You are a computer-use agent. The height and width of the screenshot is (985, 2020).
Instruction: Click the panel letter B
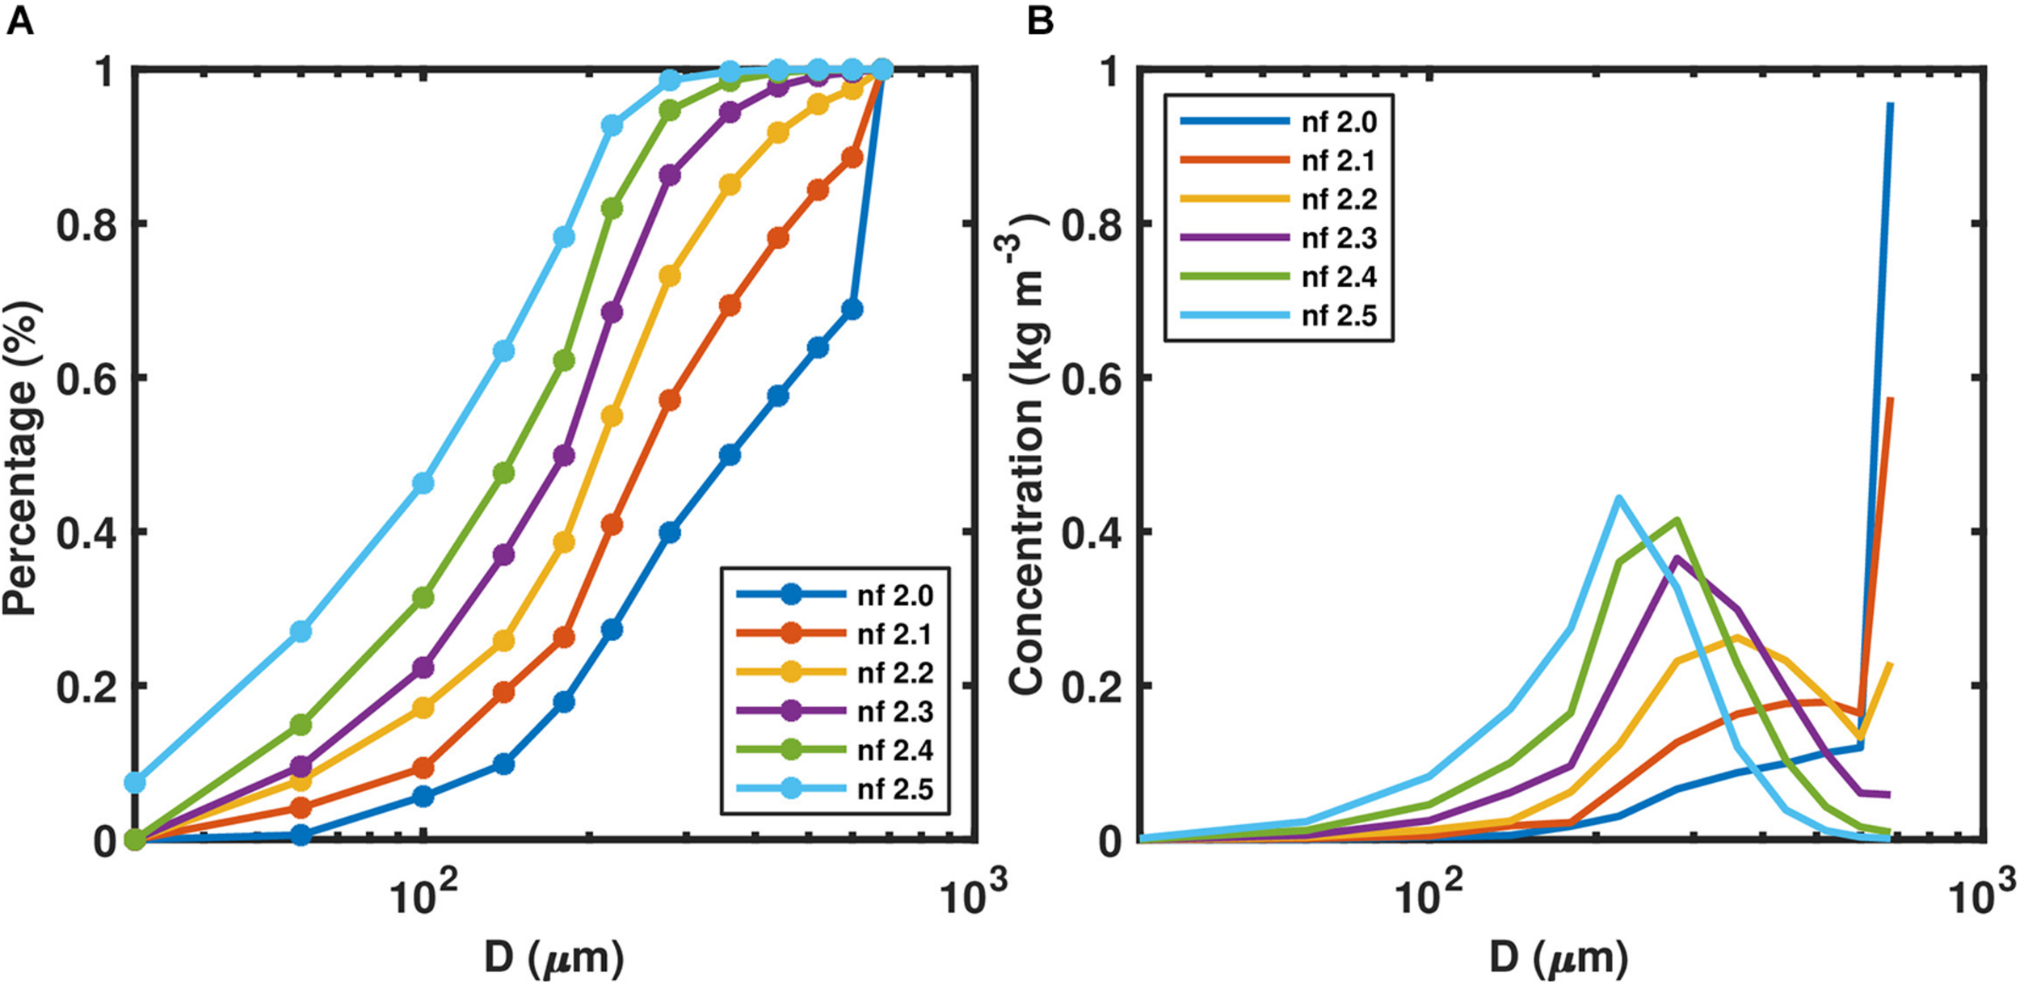[x=1040, y=20]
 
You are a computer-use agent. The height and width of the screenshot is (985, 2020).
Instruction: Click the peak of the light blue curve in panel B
[x=1618, y=498]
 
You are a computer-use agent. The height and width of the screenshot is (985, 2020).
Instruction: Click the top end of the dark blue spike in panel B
[x=1890, y=103]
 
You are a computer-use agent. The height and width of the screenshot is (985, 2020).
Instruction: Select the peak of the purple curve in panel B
[x=1677, y=557]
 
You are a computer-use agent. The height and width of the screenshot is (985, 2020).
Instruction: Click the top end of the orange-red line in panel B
[x=1891, y=398]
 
